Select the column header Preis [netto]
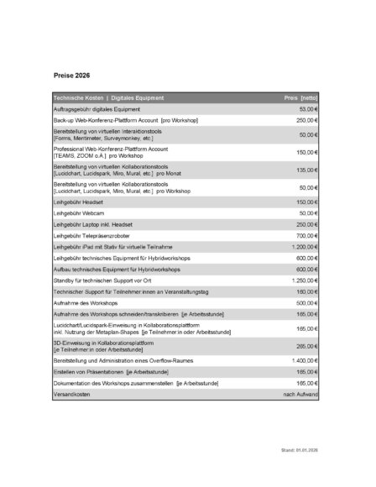[301, 98]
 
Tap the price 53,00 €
[308, 109]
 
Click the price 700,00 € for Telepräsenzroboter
[306, 236]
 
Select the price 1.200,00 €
[303, 247]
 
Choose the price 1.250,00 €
[303, 280]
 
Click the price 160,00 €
[306, 291]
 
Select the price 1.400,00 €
[303, 359]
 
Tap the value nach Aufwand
[300, 393]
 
